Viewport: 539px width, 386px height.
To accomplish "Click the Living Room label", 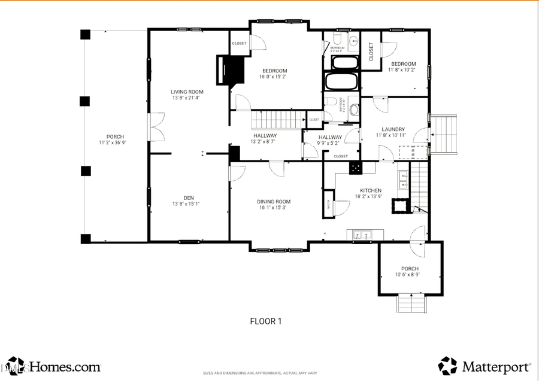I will point(187,92).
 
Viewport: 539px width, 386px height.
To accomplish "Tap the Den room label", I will point(189,198).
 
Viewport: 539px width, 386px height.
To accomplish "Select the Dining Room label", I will point(274,202).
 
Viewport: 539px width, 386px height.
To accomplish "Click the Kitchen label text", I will point(371,191).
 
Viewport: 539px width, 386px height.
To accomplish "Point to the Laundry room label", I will point(393,129).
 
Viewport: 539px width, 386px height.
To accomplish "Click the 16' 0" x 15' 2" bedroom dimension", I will point(273,77).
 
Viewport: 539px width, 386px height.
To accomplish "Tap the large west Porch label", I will point(116,137).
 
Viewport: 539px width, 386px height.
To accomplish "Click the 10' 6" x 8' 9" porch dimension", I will point(410,275).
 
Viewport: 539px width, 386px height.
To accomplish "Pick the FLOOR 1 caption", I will point(265,321).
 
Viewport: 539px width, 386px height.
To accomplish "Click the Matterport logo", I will point(485,366).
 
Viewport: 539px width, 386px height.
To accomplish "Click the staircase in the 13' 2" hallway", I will point(277,120).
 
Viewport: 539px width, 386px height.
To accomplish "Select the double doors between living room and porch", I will point(157,127).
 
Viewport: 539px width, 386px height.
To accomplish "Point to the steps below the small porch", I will point(410,303).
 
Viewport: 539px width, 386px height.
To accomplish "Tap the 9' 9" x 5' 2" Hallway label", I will point(331,140).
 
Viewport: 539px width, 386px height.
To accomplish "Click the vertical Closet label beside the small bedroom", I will point(371,52).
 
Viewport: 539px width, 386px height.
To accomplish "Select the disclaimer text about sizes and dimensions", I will point(260,373).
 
